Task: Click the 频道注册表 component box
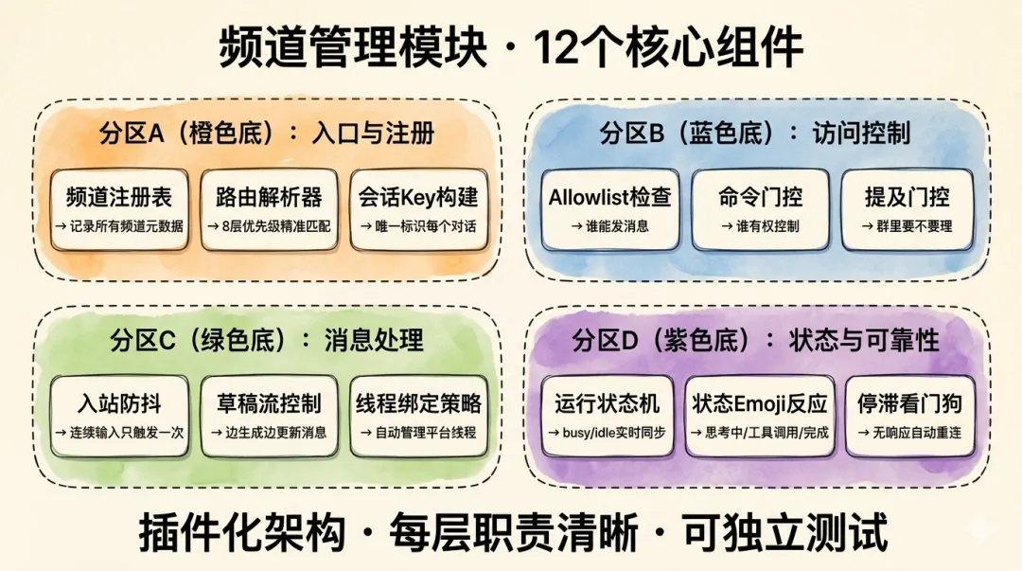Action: pos(119,209)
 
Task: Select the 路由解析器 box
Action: pos(270,209)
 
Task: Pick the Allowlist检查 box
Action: pos(610,209)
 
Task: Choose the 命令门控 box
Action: pos(761,209)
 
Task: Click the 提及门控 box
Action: pos(907,209)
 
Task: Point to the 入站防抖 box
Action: pos(118,416)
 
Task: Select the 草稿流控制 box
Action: pos(269,416)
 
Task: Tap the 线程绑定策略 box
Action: pos(418,416)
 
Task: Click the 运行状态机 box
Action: pos(609,416)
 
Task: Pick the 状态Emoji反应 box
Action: pos(760,416)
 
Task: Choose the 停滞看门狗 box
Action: pos(908,416)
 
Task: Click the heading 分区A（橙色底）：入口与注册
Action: pos(267,134)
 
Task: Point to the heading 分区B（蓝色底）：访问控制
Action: pos(755,134)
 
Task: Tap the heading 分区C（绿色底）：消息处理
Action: pos(267,340)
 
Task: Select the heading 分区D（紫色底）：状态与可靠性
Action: pos(755,340)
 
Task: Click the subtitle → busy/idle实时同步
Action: pos(610,433)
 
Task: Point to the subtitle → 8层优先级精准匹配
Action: pos(270,226)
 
